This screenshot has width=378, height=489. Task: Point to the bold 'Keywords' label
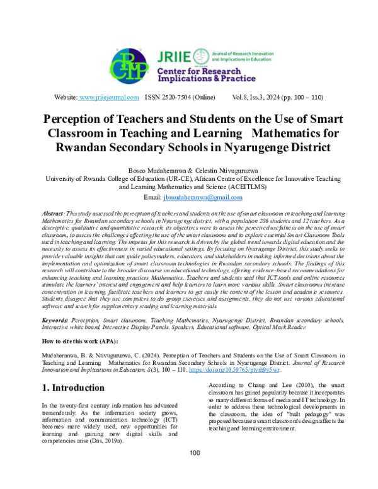(55, 320)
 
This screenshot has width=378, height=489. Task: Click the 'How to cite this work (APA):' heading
(79, 341)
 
